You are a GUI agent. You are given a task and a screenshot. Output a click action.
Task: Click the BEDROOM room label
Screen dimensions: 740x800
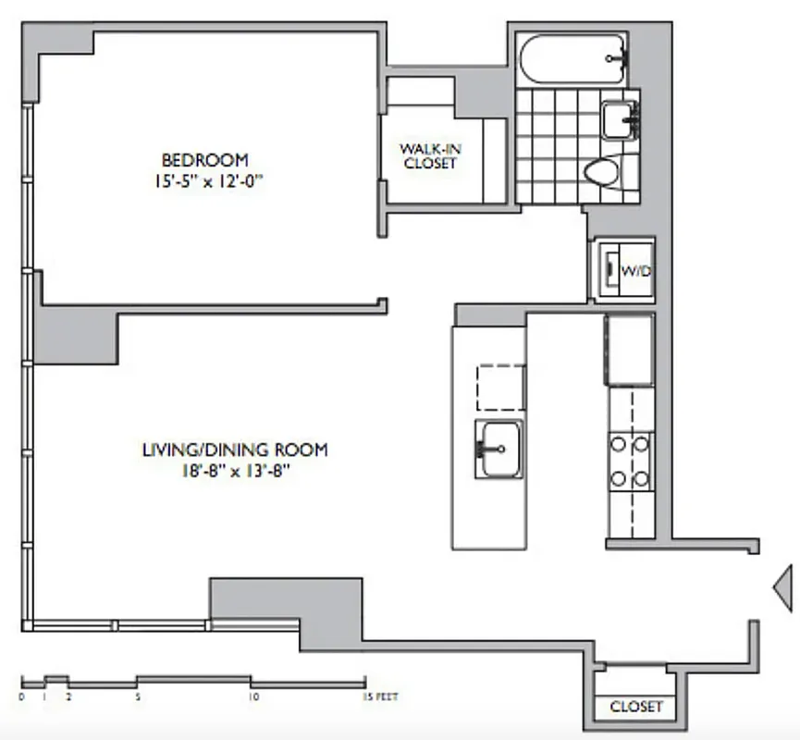click(x=204, y=160)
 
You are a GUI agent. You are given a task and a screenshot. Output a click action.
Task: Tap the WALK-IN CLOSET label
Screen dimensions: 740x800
click(x=428, y=155)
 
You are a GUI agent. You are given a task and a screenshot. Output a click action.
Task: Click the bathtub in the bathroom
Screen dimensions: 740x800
click(x=572, y=60)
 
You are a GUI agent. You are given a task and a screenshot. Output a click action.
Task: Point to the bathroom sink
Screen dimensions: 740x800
click(x=619, y=118)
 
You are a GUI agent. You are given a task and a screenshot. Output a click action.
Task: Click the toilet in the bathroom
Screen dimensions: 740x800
click(x=605, y=173)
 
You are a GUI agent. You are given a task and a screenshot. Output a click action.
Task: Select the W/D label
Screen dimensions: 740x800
click(x=635, y=272)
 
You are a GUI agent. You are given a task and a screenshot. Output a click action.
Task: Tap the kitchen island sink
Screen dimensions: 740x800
click(x=499, y=450)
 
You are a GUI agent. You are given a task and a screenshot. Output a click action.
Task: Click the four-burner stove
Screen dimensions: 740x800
click(x=630, y=461)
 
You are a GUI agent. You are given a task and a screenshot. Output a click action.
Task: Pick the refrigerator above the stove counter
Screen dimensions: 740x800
click(x=630, y=350)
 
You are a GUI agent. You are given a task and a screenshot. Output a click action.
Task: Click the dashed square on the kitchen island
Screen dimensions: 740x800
click(x=500, y=388)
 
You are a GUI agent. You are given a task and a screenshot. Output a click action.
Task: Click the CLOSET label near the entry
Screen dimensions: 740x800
click(x=636, y=707)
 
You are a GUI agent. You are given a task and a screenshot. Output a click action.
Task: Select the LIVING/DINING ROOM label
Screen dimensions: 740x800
click(x=234, y=450)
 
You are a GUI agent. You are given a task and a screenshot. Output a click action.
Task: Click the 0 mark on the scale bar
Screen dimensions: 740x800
click(x=22, y=697)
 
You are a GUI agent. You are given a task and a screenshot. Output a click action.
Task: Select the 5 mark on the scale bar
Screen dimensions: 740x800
click(x=137, y=697)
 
